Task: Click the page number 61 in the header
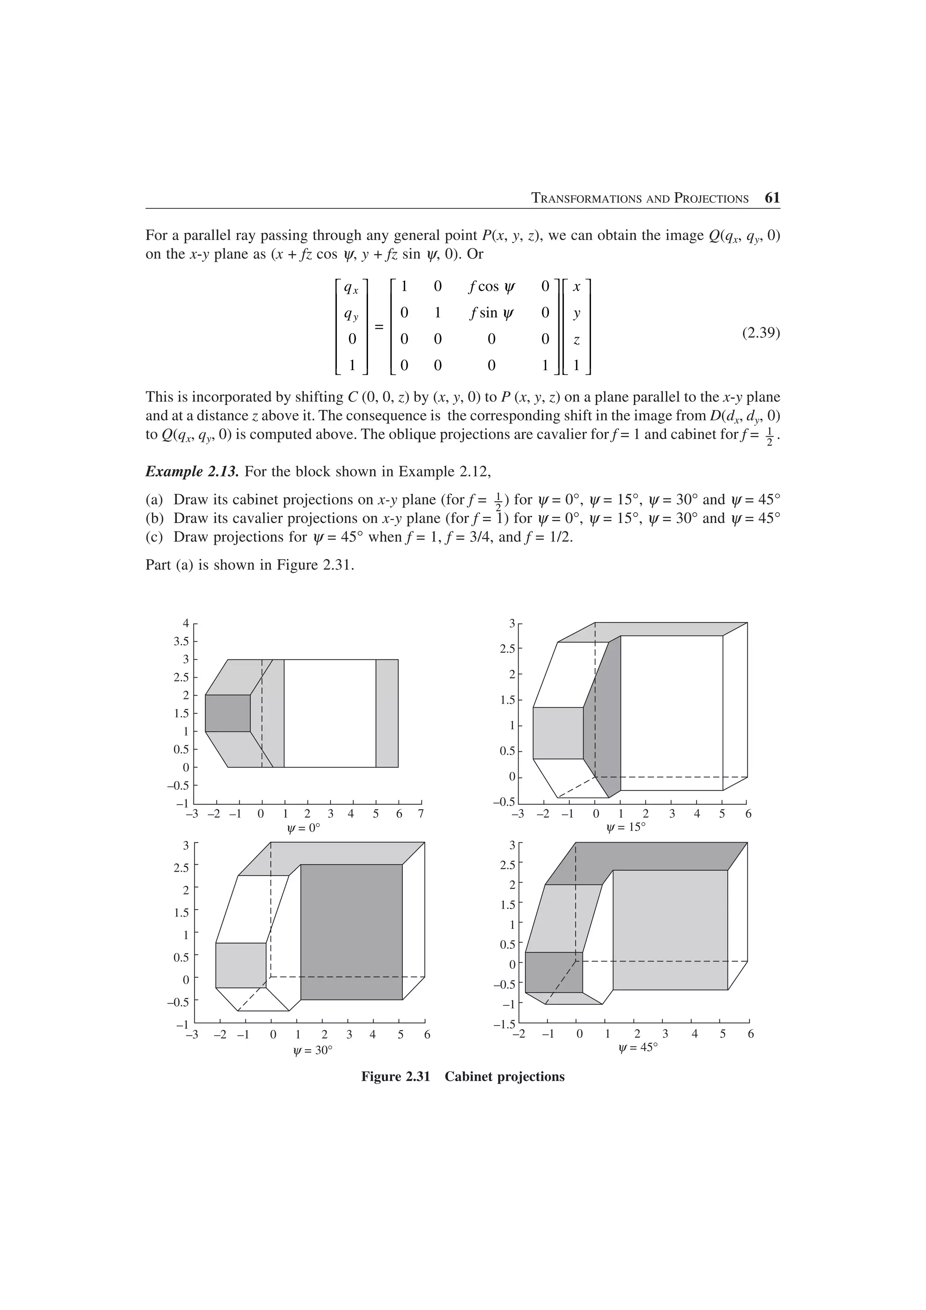coord(772,198)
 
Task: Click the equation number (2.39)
coord(761,332)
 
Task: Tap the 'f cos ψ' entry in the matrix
coord(491,287)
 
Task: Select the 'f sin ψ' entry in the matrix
coord(491,313)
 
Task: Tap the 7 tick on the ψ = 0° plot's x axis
coord(421,814)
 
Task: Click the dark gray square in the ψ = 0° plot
coord(227,713)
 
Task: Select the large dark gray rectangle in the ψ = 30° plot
coord(351,932)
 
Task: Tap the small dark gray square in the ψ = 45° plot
coord(553,972)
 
